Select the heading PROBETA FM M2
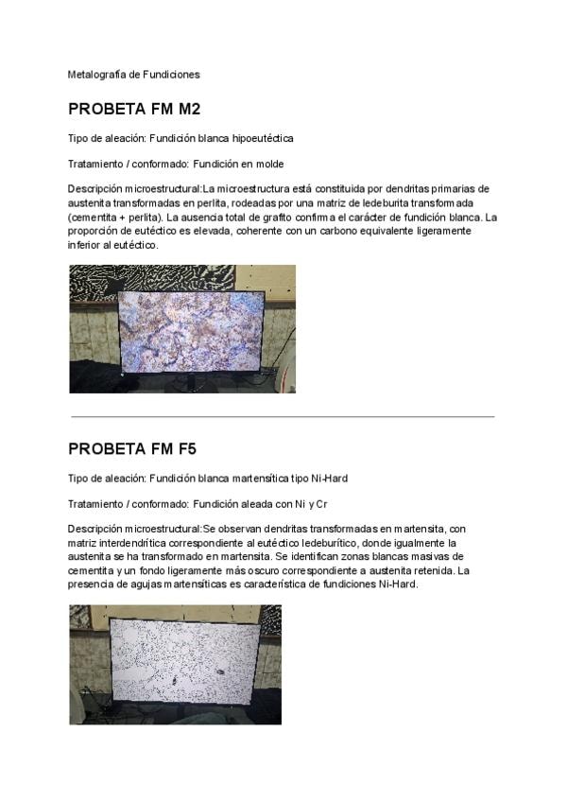[x=134, y=109]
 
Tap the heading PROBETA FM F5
[x=132, y=448]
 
